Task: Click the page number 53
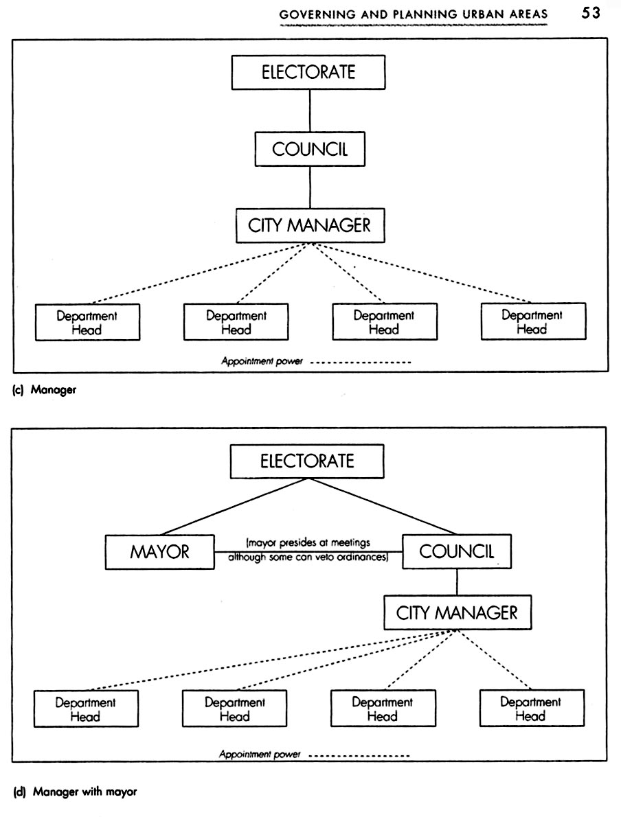(591, 13)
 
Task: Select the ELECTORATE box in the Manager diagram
(309, 72)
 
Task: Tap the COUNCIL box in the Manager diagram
(310, 149)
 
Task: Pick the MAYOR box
(159, 552)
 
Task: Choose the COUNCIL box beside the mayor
(456, 551)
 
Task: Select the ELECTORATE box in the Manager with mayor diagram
(306, 461)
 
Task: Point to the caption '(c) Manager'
(44, 391)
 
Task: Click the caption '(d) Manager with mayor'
(76, 792)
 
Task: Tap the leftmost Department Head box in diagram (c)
(87, 322)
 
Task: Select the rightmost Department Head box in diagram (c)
(532, 321)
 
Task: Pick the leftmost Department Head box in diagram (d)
(86, 709)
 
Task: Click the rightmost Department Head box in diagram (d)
(530, 708)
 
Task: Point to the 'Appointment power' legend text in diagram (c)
(262, 360)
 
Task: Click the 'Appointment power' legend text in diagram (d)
(260, 755)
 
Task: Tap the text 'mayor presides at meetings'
(308, 543)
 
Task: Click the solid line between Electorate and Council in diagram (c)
(310, 111)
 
